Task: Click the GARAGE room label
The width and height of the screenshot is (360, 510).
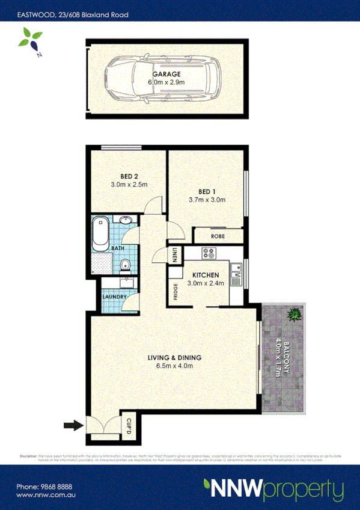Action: click(166, 74)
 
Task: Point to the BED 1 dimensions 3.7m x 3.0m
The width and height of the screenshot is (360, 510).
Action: click(207, 200)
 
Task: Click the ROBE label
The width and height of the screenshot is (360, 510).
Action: click(218, 236)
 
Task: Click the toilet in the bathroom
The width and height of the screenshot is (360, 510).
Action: click(125, 265)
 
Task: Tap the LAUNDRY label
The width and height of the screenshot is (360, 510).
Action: click(114, 296)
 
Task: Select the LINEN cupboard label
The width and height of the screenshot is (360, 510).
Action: click(175, 255)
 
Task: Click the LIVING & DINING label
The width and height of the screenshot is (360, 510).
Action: click(174, 358)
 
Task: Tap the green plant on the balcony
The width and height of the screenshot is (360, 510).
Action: click(294, 315)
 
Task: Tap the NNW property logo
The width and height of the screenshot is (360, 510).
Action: click(273, 488)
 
